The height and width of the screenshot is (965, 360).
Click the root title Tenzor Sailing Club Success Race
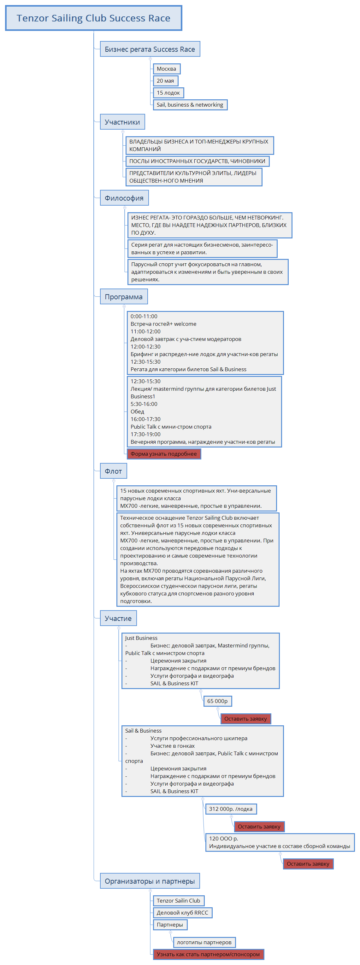(93, 18)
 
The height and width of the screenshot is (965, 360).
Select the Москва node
(166, 69)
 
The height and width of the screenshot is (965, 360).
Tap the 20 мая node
(165, 81)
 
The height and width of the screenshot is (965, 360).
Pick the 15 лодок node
(168, 93)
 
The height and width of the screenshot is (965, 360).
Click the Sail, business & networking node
(190, 105)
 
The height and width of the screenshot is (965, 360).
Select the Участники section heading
(122, 122)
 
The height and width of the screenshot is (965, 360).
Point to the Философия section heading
(124, 198)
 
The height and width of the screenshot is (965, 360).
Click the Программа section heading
(124, 297)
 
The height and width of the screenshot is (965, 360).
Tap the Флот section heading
(113, 471)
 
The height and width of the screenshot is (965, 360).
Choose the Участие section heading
(118, 618)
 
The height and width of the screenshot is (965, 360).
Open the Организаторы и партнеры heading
(150, 881)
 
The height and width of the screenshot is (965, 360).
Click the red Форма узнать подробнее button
(164, 454)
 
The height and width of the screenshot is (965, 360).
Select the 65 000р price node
(217, 701)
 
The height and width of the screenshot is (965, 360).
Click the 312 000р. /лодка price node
(231, 809)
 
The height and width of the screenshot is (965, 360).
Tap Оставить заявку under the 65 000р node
(245, 719)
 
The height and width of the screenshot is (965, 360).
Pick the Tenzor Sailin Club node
(178, 901)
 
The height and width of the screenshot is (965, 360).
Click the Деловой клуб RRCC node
(182, 913)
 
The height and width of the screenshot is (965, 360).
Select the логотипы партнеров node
(204, 942)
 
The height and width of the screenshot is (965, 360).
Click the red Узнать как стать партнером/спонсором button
(208, 954)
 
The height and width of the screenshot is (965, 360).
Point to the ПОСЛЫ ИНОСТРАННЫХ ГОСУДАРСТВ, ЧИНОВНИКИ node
(197, 161)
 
